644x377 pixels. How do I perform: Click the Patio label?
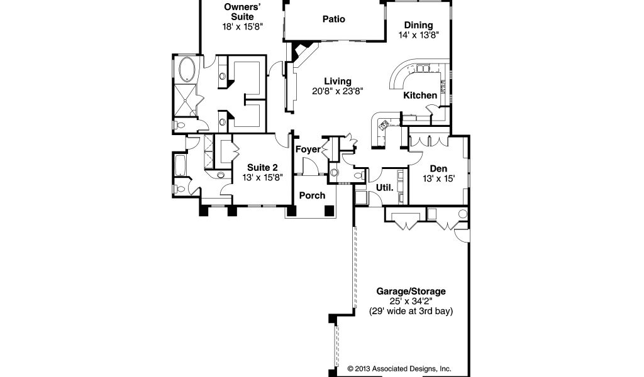point(333,19)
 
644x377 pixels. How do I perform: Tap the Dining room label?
point(418,25)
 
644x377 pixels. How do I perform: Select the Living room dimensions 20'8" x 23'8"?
point(338,91)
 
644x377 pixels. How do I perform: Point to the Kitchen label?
point(420,96)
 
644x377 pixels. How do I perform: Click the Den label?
point(438,168)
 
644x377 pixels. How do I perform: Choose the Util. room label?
point(385,188)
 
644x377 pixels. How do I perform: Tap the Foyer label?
point(308,150)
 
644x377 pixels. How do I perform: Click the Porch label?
point(312,195)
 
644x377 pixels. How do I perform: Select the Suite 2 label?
point(262,167)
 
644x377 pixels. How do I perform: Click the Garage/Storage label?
point(411,292)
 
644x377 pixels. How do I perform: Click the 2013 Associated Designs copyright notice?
point(399,369)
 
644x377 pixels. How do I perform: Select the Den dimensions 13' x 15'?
point(438,178)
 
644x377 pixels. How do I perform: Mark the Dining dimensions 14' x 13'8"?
point(418,35)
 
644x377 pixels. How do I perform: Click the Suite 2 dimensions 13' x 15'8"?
point(262,177)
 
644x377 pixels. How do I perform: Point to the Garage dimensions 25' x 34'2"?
point(411,302)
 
